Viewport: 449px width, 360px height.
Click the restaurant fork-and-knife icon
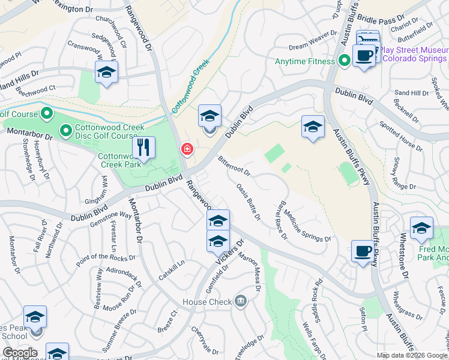pyautogui.click(x=143, y=147)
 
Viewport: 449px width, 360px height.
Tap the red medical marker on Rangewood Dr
pyautogui.click(x=187, y=149)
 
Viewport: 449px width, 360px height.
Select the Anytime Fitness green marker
pyautogui.click(x=345, y=61)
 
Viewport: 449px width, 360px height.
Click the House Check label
pyautogui.click(x=207, y=302)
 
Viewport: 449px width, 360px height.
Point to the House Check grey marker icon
pyautogui.click(x=241, y=301)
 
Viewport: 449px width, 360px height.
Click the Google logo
pyautogui.click(x=20, y=353)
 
